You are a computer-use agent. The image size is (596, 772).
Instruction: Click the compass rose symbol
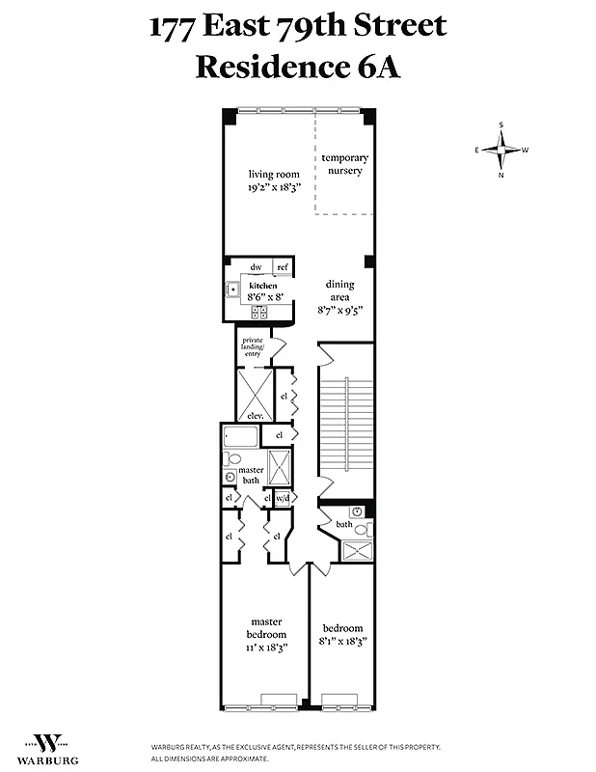coord(501,150)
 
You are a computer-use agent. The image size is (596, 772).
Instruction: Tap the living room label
coord(267,174)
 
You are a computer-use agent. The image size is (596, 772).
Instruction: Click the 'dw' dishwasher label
coord(257,267)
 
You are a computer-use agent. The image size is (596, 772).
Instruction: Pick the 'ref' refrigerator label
coord(283,267)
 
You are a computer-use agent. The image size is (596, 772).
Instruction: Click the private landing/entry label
coord(252,346)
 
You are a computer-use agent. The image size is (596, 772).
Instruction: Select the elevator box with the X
coord(255,394)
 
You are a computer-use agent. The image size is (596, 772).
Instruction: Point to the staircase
coord(345,425)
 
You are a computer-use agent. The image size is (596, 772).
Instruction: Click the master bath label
coord(251,475)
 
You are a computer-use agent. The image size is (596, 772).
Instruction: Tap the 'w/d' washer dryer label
coord(283,498)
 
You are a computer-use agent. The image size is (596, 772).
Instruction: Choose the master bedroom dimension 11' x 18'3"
coord(267,649)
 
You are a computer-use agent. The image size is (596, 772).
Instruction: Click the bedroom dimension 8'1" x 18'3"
coord(343,641)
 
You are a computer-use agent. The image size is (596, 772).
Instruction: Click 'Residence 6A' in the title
coord(298,68)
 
